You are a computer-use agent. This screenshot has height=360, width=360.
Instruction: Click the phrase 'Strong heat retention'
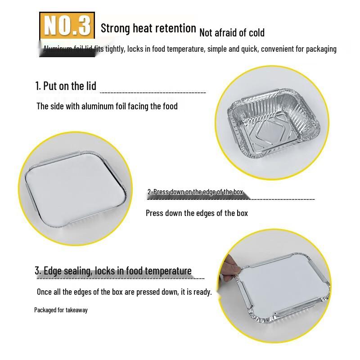148,28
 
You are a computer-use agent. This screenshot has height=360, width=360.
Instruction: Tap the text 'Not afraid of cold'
232,32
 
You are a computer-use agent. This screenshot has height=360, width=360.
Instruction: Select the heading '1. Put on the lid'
66,86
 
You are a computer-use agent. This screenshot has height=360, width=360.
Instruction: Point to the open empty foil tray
270,124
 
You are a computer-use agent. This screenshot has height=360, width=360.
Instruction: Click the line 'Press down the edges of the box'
197,213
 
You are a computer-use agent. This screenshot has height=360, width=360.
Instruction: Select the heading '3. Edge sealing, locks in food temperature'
113,271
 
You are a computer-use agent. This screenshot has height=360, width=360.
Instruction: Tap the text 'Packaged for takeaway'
61,310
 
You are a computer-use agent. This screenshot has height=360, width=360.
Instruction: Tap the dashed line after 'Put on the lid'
153,93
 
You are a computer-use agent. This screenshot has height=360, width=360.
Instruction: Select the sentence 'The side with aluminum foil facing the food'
107,106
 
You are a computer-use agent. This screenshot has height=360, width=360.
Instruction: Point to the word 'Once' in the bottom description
44,292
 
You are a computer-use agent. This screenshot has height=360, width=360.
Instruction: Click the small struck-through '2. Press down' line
195,192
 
